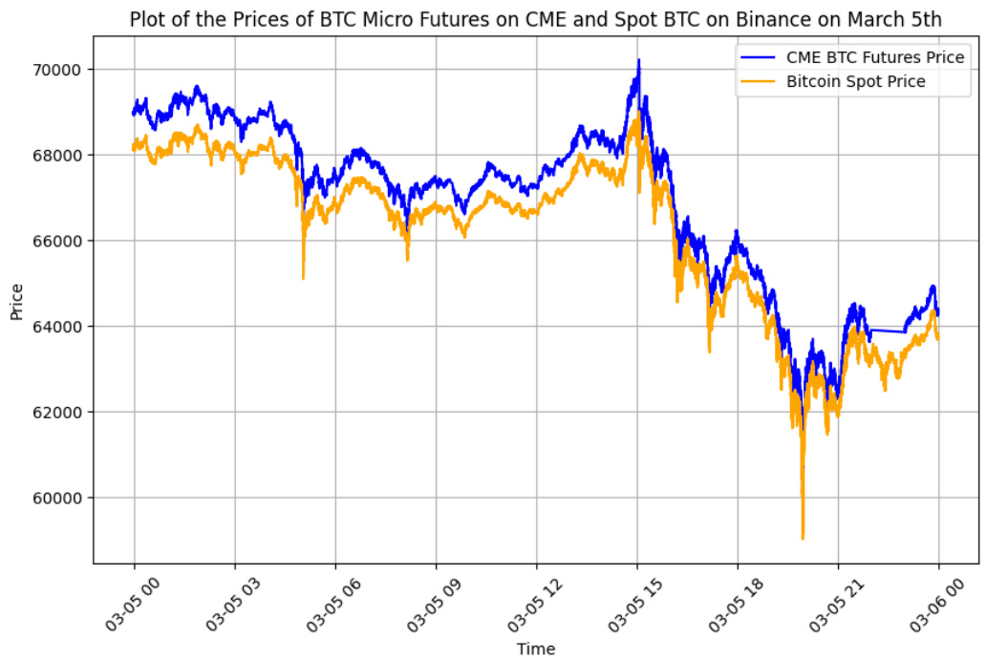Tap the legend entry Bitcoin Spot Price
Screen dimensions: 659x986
tap(856, 81)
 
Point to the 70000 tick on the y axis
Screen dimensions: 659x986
tap(63, 70)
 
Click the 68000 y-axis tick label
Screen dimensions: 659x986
tap(63, 155)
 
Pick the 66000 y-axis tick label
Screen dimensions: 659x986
tap(63, 241)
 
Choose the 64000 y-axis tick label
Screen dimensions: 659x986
tap(63, 327)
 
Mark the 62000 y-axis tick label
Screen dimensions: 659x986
tap(63, 412)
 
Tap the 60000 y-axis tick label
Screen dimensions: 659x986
tap(63, 498)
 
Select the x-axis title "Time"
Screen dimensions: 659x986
tap(536, 648)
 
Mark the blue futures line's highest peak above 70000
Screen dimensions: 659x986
tap(638, 60)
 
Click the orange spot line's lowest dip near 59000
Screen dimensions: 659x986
tap(803, 539)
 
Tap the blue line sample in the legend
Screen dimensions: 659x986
tap(759, 58)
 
